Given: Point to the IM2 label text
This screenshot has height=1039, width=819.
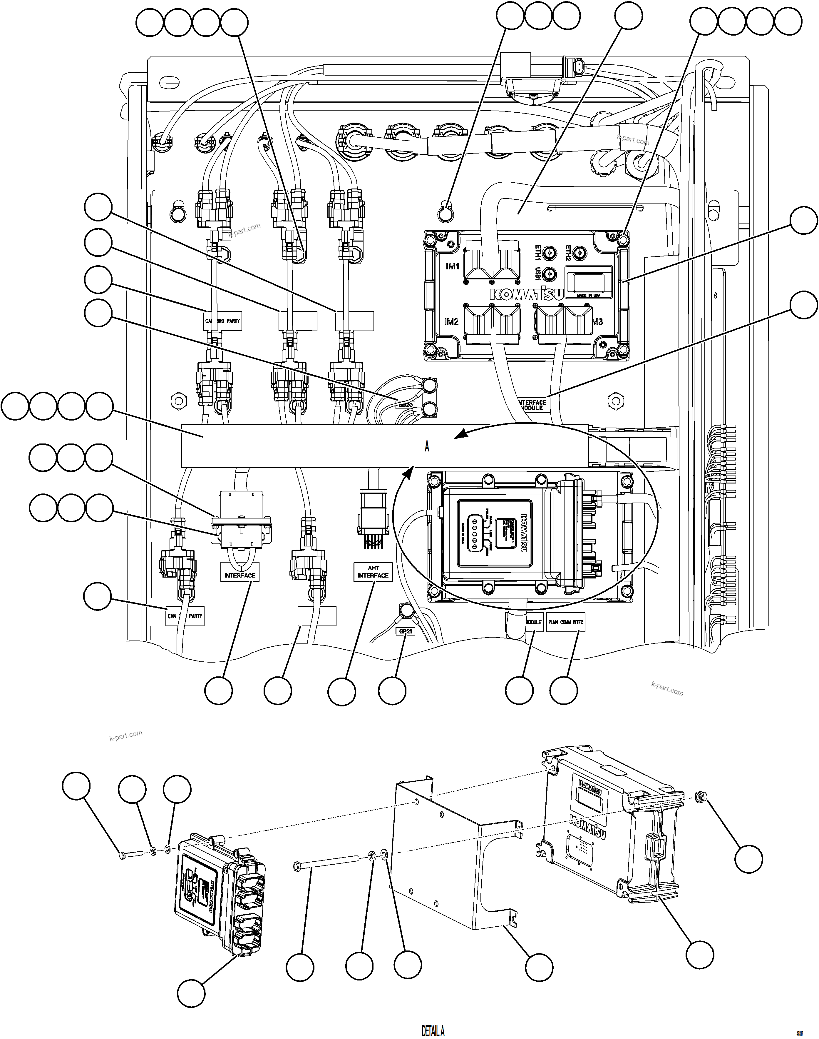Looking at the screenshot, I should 451,321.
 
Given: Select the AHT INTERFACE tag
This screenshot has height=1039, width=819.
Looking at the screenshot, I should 373,572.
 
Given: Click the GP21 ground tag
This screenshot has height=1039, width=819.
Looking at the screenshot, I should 405,632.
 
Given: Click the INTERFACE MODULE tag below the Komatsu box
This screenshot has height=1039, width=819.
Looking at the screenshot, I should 533,405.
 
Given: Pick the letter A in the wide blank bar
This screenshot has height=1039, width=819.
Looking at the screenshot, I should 427,446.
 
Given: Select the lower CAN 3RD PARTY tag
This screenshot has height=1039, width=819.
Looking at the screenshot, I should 185,616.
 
